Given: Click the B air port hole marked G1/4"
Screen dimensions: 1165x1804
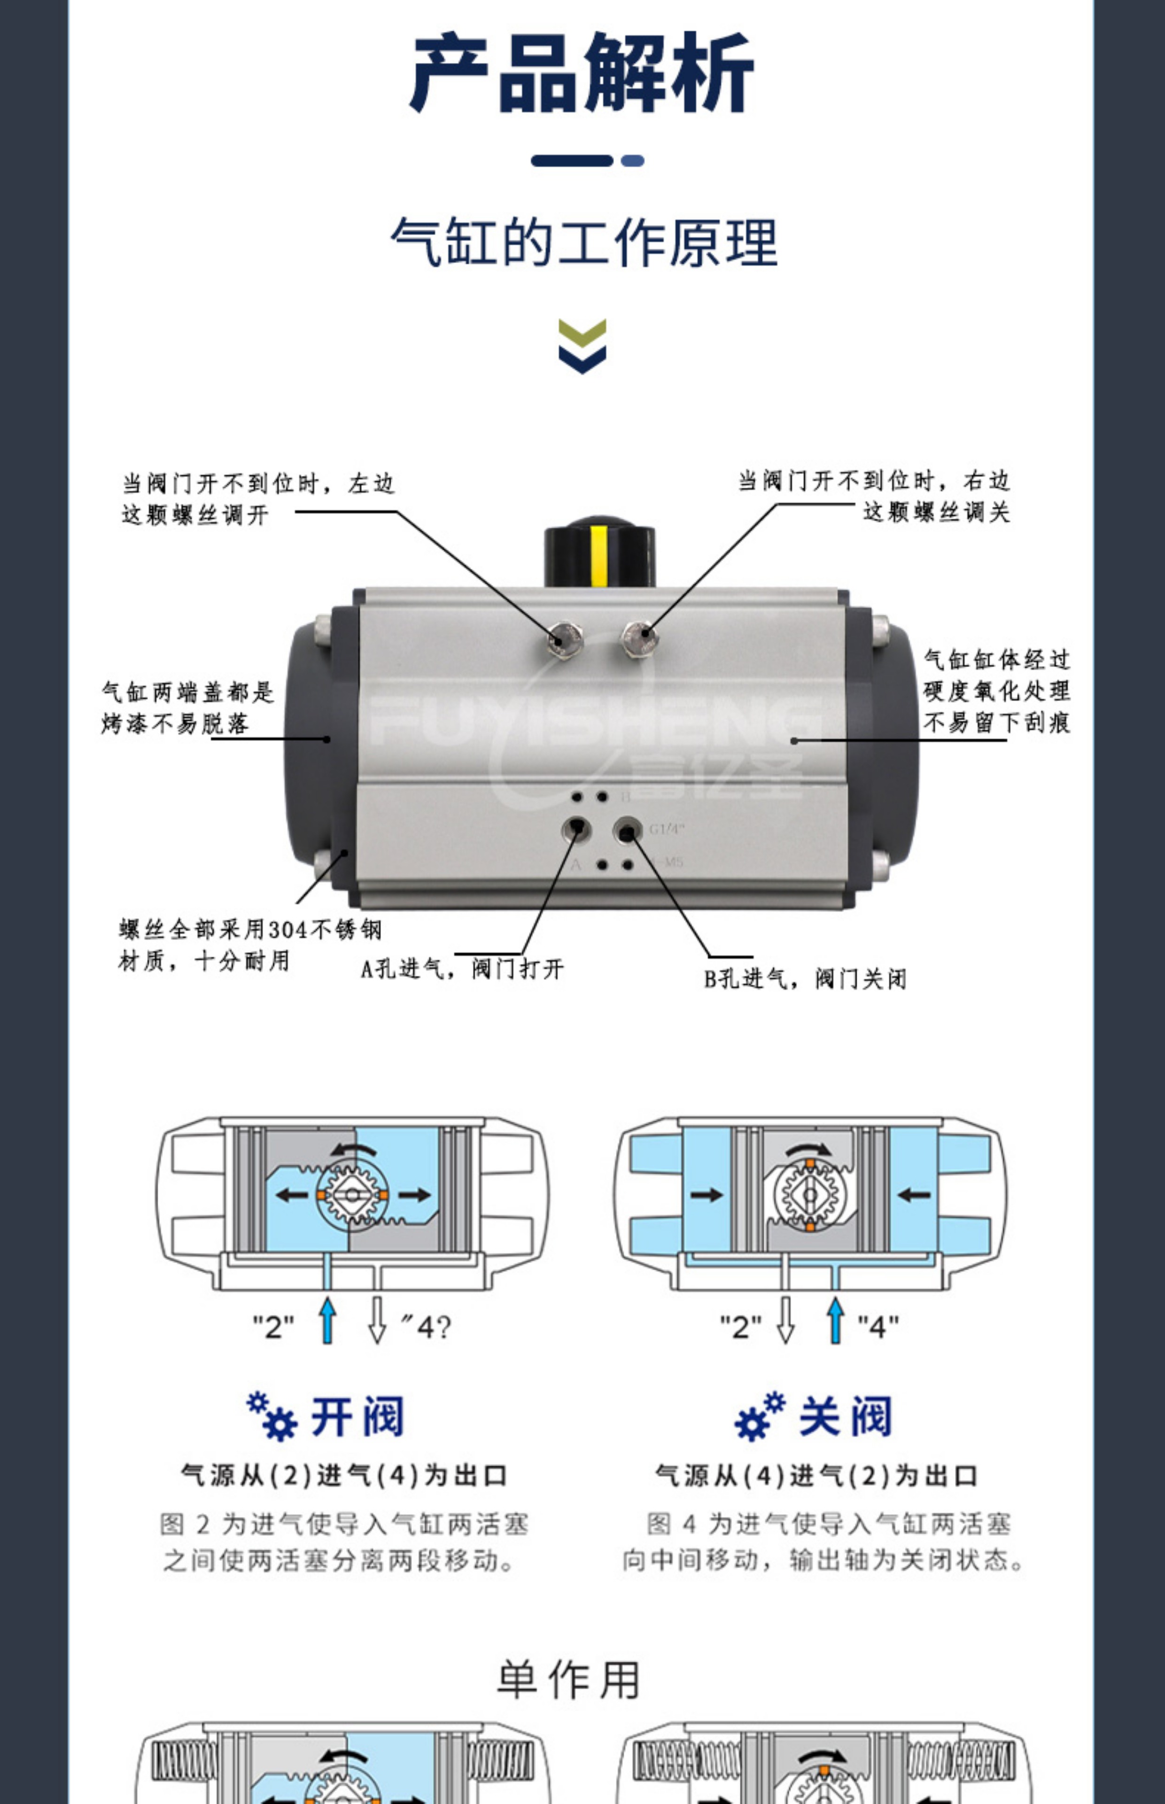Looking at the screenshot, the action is click(x=626, y=832).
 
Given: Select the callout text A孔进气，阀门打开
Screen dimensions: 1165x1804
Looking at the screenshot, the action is click(x=461, y=969).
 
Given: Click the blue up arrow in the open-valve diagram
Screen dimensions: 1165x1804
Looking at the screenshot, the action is click(x=327, y=1321).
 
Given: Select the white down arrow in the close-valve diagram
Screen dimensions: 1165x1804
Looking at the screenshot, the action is click(x=786, y=1321).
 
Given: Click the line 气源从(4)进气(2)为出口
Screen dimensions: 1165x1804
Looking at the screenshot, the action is click(x=815, y=1476).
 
